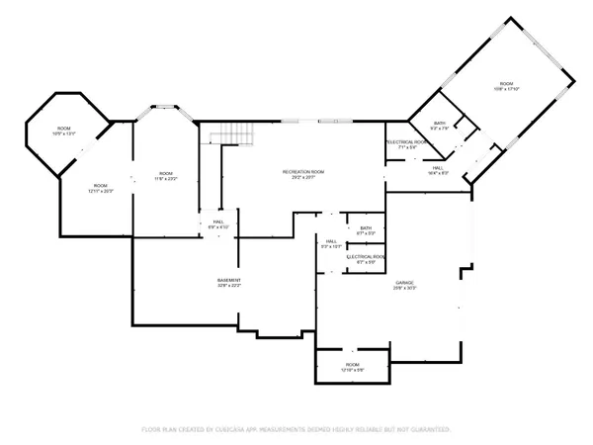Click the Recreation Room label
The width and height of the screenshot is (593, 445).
click(303, 173)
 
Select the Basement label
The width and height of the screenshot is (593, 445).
click(230, 280)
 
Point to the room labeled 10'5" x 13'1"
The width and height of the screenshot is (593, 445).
click(64, 131)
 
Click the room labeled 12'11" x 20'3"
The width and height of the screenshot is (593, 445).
click(101, 187)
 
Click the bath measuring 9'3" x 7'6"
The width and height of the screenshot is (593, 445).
click(439, 126)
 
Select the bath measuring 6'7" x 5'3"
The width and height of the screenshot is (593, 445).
click(365, 230)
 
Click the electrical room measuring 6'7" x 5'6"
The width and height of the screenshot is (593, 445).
click(365, 259)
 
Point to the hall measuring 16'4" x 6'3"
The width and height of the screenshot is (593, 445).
click(438, 170)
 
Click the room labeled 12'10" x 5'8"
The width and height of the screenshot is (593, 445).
click(352, 366)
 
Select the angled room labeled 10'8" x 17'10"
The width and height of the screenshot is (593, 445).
click(506, 86)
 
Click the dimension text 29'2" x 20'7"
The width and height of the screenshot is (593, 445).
click(303, 179)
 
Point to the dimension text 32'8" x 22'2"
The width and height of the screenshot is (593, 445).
click(230, 286)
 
